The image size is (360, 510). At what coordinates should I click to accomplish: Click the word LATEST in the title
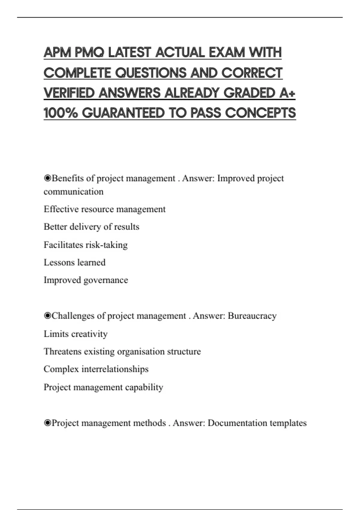(x=129, y=53)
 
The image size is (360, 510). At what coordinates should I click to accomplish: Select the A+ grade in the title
(x=287, y=93)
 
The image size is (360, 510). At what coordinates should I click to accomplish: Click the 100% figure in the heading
(x=61, y=113)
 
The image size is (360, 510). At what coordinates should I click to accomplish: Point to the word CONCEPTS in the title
(x=260, y=113)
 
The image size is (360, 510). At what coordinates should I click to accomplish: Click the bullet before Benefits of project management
(x=47, y=178)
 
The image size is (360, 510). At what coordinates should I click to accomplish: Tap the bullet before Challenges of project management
(x=47, y=316)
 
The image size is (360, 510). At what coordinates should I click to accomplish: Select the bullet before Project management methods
(x=47, y=423)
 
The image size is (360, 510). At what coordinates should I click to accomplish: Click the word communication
(x=73, y=191)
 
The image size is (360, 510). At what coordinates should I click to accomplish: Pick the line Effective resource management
(x=104, y=209)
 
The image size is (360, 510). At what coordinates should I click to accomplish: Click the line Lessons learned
(x=74, y=262)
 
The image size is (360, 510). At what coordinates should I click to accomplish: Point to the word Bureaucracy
(x=252, y=316)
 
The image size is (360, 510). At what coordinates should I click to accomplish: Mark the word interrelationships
(x=115, y=369)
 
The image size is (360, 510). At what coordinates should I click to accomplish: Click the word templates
(x=288, y=423)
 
